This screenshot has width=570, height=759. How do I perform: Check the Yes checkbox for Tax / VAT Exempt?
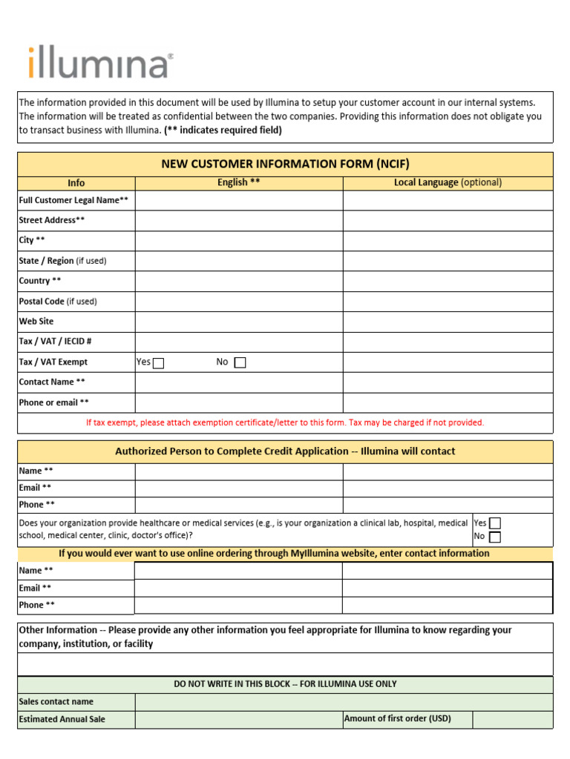[x=158, y=362]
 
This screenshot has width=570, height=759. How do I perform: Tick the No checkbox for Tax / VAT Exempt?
[x=240, y=362]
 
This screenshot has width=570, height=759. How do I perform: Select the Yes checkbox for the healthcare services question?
[x=495, y=523]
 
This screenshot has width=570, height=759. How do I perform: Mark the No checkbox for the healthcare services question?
[x=495, y=537]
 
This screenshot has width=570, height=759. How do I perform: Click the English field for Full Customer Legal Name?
[x=238, y=200]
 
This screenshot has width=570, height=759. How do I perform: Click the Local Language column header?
[x=448, y=182]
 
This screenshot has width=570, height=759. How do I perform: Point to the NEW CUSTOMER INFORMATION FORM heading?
[x=285, y=164]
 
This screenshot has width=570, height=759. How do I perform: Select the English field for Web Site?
[x=238, y=322]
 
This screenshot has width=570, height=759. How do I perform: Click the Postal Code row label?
[x=58, y=302]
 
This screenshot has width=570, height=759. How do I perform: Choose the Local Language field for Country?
[x=448, y=281]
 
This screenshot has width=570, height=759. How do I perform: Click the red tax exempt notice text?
[x=285, y=422]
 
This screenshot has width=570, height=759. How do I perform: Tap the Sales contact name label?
[x=56, y=701]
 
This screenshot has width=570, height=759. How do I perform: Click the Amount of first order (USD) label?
[x=397, y=718]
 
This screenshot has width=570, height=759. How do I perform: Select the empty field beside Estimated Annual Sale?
[x=238, y=719]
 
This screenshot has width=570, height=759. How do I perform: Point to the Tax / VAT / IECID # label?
[x=55, y=342]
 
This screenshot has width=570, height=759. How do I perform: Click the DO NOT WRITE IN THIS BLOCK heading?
[x=285, y=684]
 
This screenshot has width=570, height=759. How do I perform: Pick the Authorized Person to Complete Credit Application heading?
[x=285, y=451]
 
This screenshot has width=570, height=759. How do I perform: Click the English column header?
[x=238, y=182]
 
